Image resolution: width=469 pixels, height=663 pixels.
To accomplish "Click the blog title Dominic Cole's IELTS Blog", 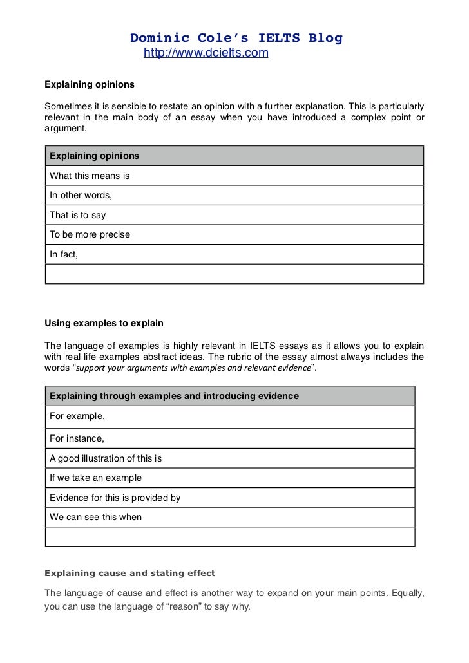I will click(236, 38).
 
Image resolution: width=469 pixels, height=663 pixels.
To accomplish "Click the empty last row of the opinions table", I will click(234, 274).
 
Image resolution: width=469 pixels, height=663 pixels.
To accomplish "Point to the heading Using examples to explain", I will click(104, 322).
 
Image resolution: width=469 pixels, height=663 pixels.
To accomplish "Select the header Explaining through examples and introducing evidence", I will click(174, 396).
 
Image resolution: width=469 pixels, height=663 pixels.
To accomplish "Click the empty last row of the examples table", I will click(229, 537).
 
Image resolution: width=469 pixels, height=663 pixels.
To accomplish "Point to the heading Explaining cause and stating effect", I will click(129, 573).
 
